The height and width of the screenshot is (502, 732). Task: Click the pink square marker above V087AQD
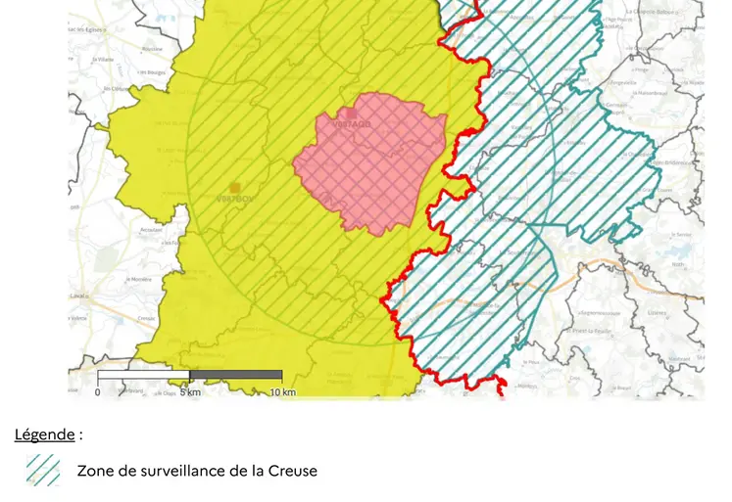[352, 114]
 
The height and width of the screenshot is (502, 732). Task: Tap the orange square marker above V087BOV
[234, 187]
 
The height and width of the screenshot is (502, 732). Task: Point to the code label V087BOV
[234, 200]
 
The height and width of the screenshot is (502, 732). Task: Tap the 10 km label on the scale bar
[282, 392]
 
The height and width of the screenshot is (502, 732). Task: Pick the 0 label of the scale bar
[97, 392]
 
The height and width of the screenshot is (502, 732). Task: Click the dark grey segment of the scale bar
[236, 375]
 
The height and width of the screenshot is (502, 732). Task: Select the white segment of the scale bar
[143, 375]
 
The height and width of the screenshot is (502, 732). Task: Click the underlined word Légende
[44, 434]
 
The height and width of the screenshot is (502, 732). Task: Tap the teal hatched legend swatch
[43, 471]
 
